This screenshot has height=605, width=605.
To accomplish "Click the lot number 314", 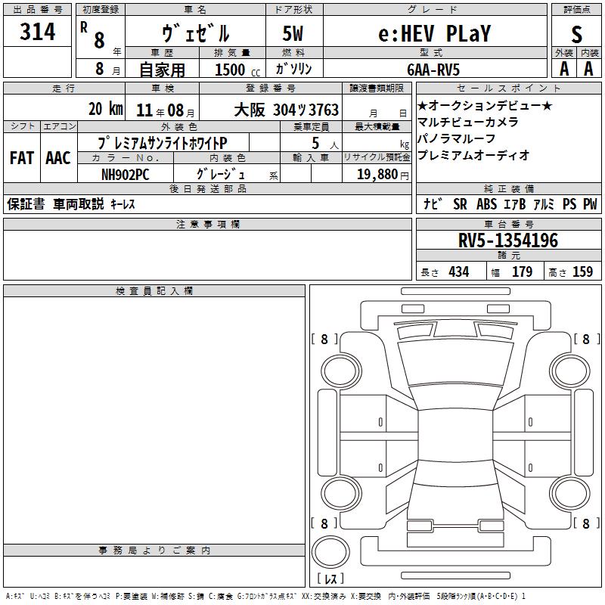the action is tap(37, 32).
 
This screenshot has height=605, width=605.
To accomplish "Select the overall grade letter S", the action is tap(576, 34).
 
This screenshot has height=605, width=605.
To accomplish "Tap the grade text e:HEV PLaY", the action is tap(434, 33).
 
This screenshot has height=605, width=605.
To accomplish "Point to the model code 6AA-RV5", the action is tap(433, 70).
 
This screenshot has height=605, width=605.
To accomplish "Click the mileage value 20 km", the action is tap(106, 109).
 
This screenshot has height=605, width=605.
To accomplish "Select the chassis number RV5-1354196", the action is tap(508, 240).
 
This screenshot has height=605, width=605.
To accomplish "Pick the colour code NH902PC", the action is tap(125, 175).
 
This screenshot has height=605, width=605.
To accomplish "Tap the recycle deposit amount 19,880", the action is tap(377, 175).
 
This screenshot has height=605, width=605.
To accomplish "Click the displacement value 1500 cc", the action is tap(237, 70).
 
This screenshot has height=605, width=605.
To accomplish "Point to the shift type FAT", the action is tap(22, 158).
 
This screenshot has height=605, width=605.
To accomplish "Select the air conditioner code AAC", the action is tap(58, 158).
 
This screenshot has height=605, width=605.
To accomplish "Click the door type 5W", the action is tap(293, 33).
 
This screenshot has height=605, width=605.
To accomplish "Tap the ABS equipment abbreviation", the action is tap(486, 204).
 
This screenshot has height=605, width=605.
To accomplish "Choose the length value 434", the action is tap(459, 271).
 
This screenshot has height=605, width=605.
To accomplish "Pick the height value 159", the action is tap(582, 271).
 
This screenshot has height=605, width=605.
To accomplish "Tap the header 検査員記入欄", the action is tap(154, 291).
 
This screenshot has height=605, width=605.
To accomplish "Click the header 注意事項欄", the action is tap(207, 224).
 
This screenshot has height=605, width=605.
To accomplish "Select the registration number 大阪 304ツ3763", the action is tap(287, 110).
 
